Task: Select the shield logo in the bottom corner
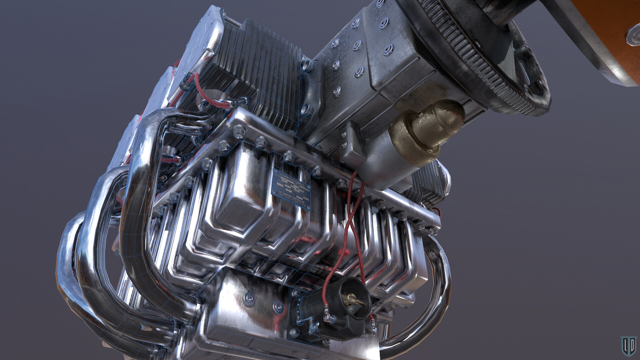coord(628,346)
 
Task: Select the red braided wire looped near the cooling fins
coord(213,100)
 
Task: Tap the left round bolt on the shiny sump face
coord(249,299)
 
